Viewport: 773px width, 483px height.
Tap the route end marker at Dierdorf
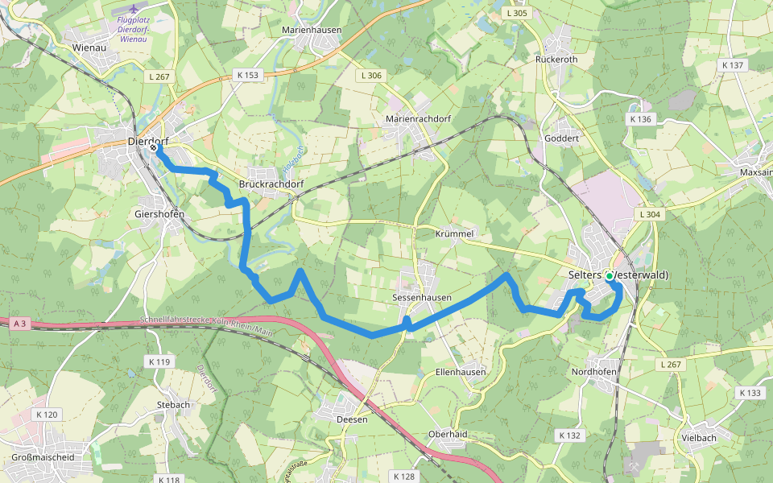tap(153, 147)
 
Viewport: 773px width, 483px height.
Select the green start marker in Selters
tap(610, 276)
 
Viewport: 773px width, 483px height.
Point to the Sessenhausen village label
tap(421, 297)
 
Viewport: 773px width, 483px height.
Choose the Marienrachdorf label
tap(418, 118)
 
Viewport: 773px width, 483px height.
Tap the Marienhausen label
tap(312, 30)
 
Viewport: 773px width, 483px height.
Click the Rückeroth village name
tap(556, 59)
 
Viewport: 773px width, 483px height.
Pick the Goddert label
tap(562, 138)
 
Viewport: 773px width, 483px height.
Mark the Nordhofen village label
tap(593, 372)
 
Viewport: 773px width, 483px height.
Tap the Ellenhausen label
tap(460, 372)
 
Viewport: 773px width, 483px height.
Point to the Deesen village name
tap(352, 419)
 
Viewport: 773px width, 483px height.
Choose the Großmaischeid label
tap(43, 457)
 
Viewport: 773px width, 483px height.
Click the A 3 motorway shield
tap(20, 324)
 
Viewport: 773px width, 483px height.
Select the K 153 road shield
tap(248, 75)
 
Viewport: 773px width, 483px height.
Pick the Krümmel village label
tap(455, 233)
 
